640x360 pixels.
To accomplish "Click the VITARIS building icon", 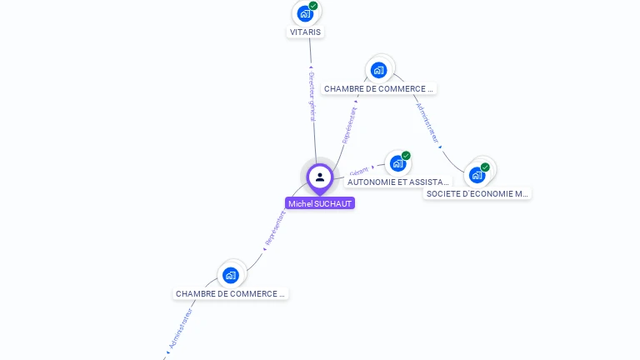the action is click(x=305, y=13).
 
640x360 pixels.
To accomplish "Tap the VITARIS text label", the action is click(x=305, y=32).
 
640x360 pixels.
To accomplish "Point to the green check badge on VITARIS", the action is click(x=313, y=6).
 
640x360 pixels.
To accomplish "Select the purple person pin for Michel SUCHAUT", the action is click(x=320, y=177).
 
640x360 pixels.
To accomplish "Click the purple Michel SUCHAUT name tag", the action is click(x=320, y=203).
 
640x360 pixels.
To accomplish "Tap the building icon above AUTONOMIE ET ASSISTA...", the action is click(x=397, y=163).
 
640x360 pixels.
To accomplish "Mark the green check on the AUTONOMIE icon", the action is click(x=406, y=156).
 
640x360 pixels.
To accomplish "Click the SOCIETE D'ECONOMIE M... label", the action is click(x=477, y=193).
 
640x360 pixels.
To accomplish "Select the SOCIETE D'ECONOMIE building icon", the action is click(x=476, y=175).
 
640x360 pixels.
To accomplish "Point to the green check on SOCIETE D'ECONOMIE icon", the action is click(x=485, y=167).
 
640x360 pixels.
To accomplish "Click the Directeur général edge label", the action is click(x=312, y=95).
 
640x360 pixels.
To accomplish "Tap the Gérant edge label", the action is click(x=359, y=170).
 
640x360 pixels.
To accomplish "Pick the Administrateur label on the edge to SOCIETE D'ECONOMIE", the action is click(x=427, y=123).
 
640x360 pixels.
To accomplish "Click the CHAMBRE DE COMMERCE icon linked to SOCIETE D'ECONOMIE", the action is click(x=379, y=70).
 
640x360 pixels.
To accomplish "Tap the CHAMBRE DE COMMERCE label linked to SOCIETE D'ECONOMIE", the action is click(x=379, y=88).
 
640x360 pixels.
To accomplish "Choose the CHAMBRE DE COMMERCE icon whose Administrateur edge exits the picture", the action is click(x=231, y=275).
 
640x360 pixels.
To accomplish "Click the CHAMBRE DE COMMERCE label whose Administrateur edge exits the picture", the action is click(x=231, y=294).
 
